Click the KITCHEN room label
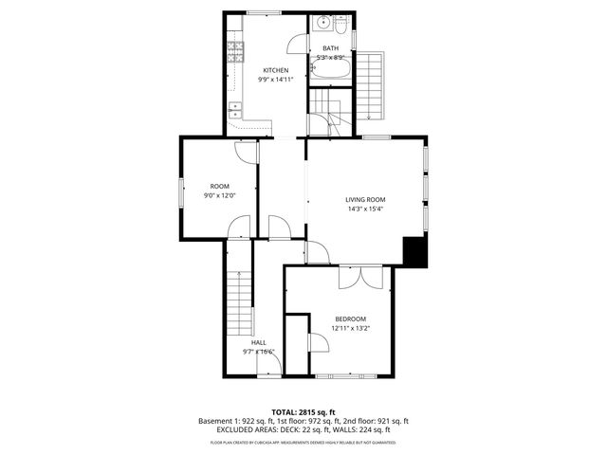276,70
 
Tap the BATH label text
330,48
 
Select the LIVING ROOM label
365,199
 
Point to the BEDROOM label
350,318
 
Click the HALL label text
258,342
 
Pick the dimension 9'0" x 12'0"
220,195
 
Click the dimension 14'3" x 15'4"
365,209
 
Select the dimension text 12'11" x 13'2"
350,328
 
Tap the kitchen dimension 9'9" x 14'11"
276,80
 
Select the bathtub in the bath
331,72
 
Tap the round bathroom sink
323,23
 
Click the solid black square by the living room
414,251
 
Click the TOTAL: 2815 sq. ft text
303,412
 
